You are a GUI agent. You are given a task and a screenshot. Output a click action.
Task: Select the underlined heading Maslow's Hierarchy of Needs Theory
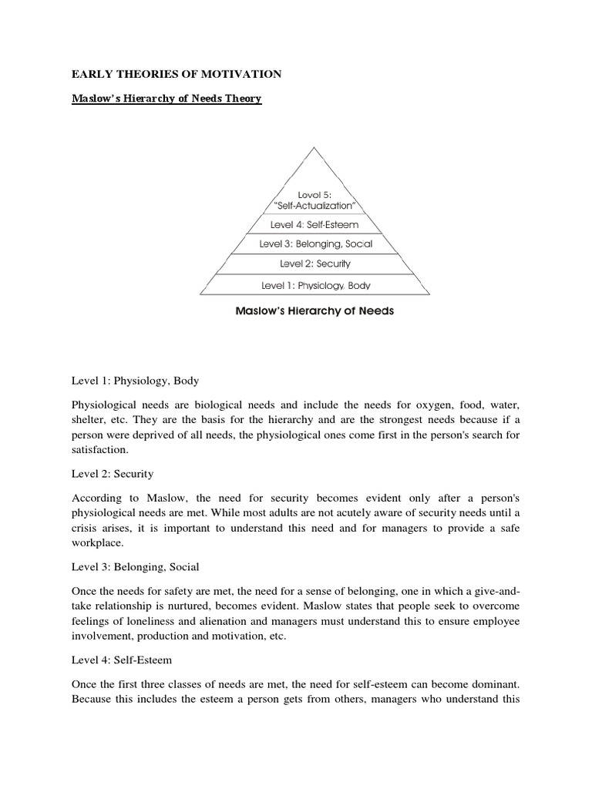[166, 99]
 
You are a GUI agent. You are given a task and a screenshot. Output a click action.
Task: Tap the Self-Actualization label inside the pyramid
[314, 206]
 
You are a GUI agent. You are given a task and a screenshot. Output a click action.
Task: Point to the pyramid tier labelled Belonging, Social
[314, 244]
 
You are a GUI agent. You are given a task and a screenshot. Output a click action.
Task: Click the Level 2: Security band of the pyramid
[314, 264]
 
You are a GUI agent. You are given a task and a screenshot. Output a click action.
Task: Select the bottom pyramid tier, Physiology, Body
[314, 284]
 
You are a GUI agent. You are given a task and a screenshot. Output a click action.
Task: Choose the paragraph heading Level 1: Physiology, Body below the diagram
[135, 381]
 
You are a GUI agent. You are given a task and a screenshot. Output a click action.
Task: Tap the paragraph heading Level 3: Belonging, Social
[135, 567]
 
